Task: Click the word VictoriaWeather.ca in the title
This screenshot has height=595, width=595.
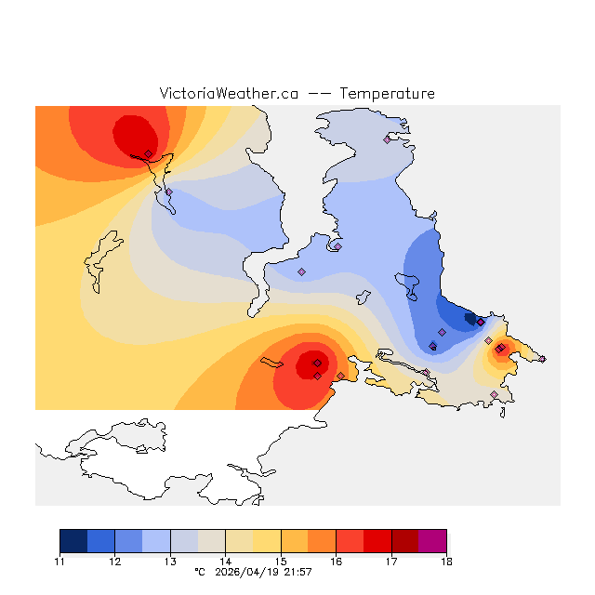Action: (x=229, y=94)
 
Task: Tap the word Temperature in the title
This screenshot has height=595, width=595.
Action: (x=387, y=94)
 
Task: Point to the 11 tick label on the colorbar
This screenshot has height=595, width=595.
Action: (x=60, y=562)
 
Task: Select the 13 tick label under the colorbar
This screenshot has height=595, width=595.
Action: (x=170, y=562)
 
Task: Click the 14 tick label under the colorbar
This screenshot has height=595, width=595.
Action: (x=226, y=562)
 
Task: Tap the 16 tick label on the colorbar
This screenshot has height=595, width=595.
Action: (x=337, y=562)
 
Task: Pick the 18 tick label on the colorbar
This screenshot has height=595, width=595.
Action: (x=446, y=562)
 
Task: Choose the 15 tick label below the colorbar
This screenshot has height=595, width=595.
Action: (x=281, y=562)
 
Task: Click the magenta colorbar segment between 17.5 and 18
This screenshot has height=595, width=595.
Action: (x=432, y=541)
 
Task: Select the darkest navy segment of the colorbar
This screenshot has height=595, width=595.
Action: (x=73, y=541)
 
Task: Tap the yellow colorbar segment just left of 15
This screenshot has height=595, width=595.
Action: (x=267, y=541)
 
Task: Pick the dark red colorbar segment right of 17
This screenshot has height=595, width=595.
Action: (x=404, y=541)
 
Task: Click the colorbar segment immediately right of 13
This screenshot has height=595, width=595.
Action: (x=184, y=541)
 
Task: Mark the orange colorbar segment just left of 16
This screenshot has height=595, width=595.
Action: (x=322, y=541)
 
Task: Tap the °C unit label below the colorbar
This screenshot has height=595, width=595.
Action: (x=199, y=572)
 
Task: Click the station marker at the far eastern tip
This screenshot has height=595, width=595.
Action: (x=542, y=359)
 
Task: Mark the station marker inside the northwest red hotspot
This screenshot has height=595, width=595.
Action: (x=148, y=153)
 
